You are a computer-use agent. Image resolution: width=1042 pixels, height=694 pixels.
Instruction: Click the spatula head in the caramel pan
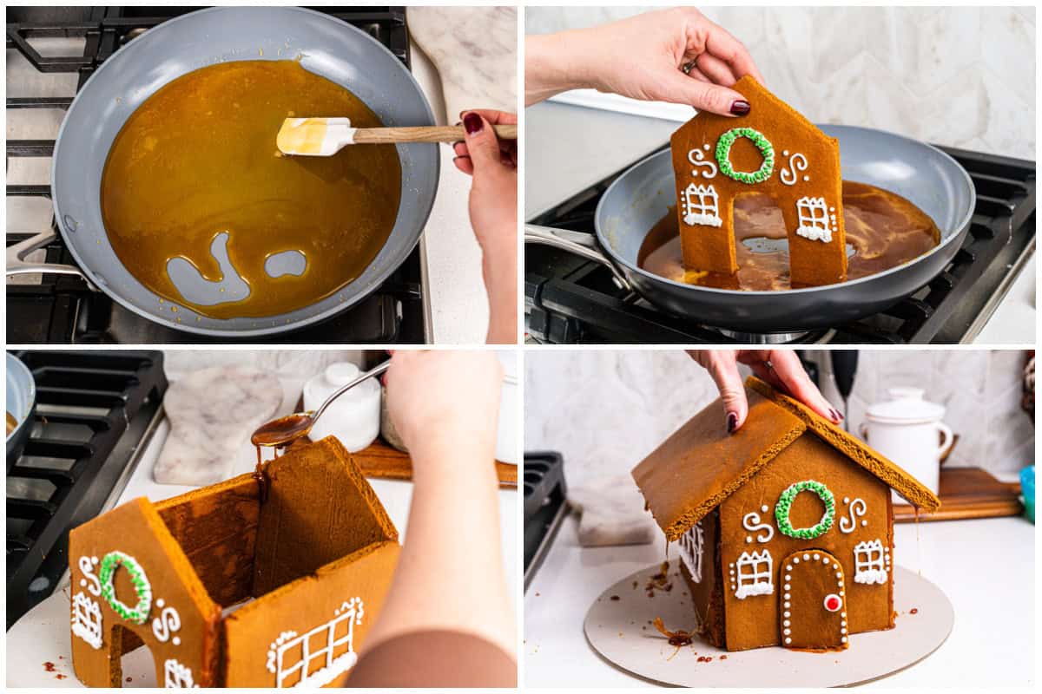click(x=313, y=135)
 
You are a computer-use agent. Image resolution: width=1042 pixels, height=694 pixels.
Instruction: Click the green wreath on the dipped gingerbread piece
click(x=744, y=155)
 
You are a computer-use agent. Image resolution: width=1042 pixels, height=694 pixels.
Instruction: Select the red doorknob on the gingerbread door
click(x=832, y=602)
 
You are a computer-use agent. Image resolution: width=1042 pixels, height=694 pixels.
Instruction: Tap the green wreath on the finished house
click(x=805, y=509)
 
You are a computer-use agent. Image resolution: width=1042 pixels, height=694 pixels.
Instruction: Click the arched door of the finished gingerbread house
click(x=814, y=599)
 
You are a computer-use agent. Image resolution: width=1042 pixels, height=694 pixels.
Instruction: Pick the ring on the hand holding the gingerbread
click(x=688, y=65)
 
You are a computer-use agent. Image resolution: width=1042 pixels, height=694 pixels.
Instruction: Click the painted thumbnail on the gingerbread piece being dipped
click(x=739, y=108)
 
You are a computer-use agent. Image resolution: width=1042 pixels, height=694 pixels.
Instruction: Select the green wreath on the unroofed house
click(x=125, y=587)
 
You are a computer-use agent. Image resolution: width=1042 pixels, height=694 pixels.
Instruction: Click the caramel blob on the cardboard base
click(x=676, y=637)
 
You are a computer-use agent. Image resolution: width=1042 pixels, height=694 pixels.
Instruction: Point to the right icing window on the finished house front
click(x=870, y=561)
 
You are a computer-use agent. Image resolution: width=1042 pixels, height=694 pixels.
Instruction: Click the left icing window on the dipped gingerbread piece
click(x=702, y=206)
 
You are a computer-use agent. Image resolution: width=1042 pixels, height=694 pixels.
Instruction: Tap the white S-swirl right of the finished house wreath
click(x=853, y=514)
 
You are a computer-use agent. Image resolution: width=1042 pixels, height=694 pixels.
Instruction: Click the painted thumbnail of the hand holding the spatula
click(x=472, y=123)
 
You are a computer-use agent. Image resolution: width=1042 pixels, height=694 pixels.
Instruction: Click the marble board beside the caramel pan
click(x=468, y=52)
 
